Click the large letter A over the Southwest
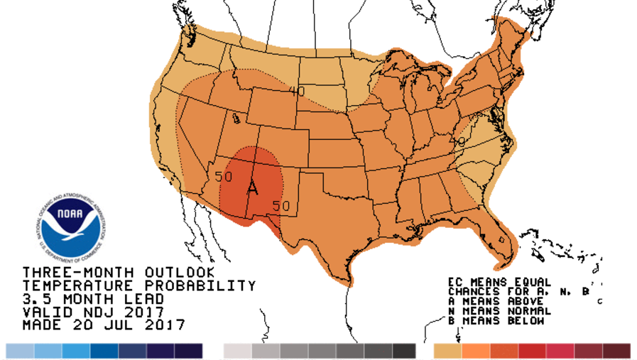pos(252,188)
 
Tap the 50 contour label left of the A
pos(224,176)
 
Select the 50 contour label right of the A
pos(281,206)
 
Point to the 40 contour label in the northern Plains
pos(297,91)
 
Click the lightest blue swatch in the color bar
pos(19,351)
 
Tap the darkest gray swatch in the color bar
pos(403,351)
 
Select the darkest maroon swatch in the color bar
pos(616,351)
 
